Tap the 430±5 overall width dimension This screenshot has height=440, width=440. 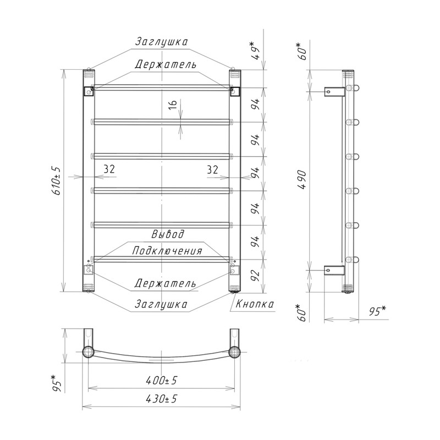click(x=162, y=398)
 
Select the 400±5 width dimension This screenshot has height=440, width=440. click(x=162, y=381)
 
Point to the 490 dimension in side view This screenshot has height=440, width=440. click(x=303, y=180)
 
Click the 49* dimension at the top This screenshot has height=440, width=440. click(x=256, y=51)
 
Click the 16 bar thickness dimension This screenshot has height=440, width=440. click(x=173, y=104)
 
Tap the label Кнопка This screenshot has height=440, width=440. click(x=255, y=304)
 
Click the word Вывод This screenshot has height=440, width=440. click(x=168, y=234)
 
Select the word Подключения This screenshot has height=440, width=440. click(x=167, y=251)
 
